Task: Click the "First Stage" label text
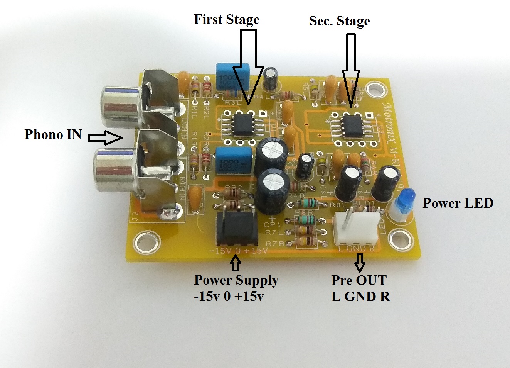226,19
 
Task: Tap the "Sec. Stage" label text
339,21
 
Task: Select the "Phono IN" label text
53,134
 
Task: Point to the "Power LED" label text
458,203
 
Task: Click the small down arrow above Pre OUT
360,262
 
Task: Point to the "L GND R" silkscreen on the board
357,249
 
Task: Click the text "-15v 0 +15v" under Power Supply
229,297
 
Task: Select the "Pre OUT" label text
359,280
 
